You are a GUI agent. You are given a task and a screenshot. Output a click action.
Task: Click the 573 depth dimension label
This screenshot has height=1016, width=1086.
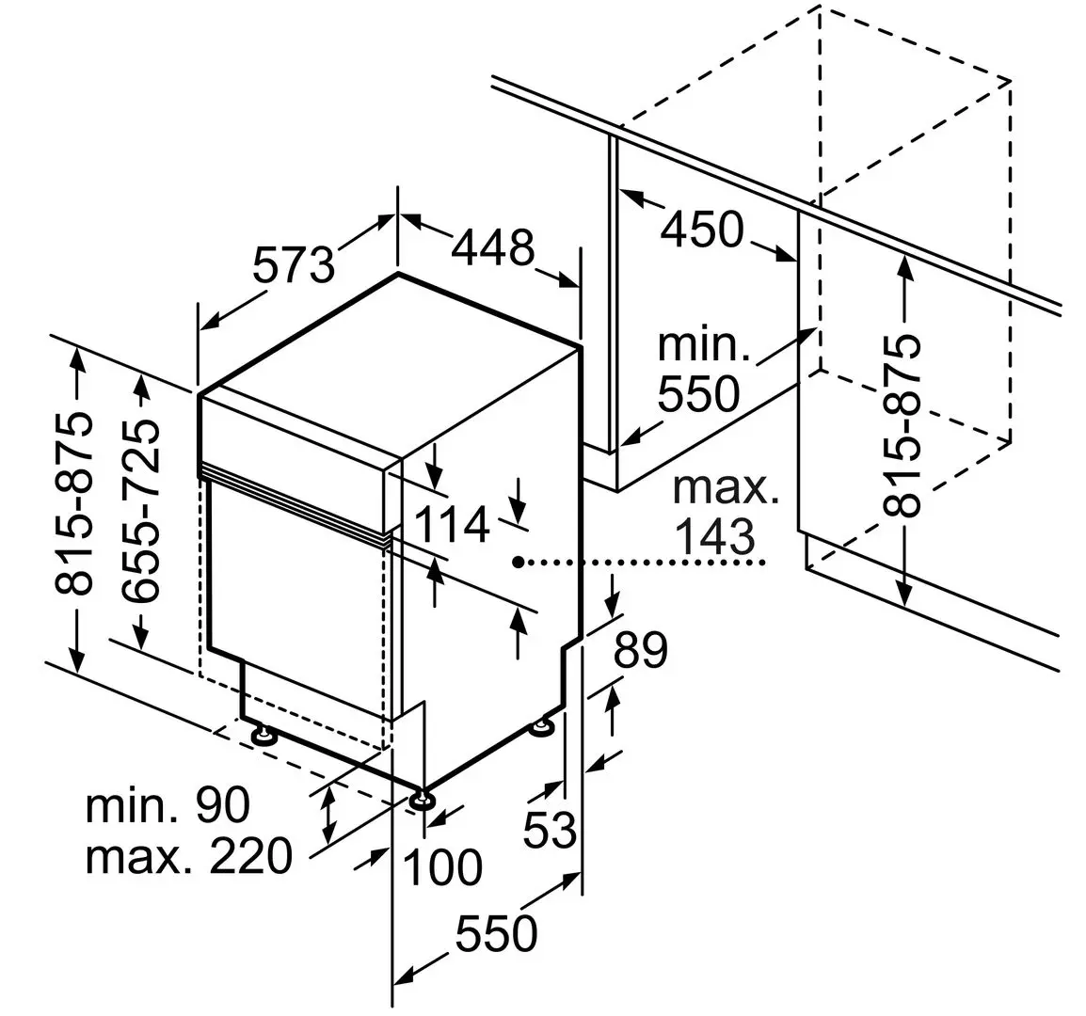[294, 265]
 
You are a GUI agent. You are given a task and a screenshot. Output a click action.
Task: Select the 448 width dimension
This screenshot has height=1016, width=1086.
[492, 246]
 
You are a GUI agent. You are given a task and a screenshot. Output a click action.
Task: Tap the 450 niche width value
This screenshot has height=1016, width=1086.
[701, 229]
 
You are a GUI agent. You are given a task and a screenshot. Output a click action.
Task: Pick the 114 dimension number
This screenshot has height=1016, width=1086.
[452, 524]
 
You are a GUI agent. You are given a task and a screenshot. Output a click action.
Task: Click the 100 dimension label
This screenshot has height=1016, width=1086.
[442, 866]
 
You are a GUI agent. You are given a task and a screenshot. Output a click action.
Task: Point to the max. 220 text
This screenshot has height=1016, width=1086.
[189, 857]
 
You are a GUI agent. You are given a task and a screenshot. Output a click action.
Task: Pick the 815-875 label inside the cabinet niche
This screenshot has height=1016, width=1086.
[905, 424]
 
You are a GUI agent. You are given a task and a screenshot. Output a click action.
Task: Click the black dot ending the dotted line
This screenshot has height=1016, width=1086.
[518, 563]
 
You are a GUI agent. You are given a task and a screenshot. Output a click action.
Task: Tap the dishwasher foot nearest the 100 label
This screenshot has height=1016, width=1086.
[422, 801]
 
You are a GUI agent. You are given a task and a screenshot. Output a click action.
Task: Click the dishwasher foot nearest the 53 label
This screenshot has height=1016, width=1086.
[542, 726]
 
